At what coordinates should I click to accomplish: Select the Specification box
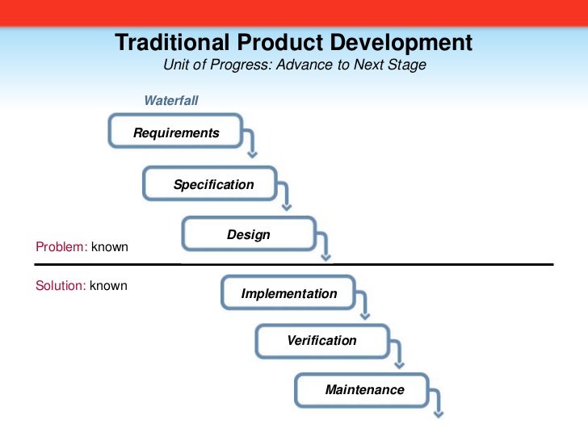coord(211,184)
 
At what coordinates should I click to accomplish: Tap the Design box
coord(248,235)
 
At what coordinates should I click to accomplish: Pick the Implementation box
coord(289,293)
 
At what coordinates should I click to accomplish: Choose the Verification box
coord(321,340)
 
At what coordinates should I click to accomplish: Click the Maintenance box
coord(363,389)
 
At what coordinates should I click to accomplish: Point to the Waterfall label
coord(171,101)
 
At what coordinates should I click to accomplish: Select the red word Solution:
coord(61,286)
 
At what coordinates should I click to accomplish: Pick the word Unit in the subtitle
coord(176,65)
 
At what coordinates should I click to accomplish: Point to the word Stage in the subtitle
coord(409,65)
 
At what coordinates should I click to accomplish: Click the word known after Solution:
coord(109,286)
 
